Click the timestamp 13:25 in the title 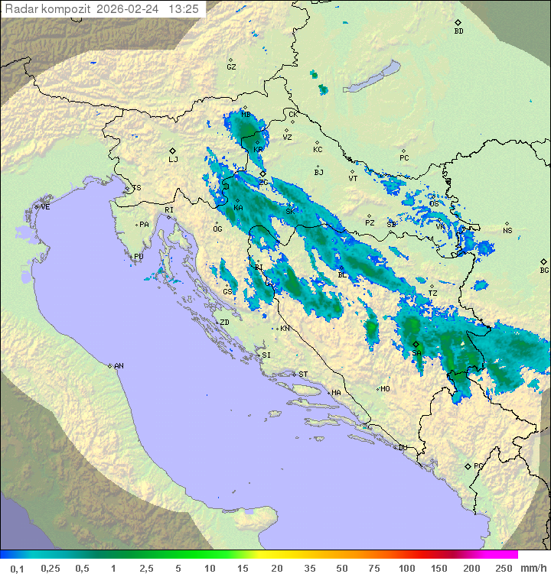point(184,9)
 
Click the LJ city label point(173,160)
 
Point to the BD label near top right point(458,31)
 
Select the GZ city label point(231,67)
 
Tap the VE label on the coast point(45,207)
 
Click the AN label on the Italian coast point(119,366)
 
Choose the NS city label point(507,231)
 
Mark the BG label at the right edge point(544,271)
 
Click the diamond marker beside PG point(468,465)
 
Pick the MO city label point(385,389)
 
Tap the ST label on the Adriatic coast point(303,375)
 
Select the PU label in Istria point(139,257)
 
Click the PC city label point(404,158)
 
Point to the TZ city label point(432,293)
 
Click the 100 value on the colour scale point(406,568)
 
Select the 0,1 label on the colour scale point(18,568)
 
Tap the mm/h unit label point(531,568)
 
